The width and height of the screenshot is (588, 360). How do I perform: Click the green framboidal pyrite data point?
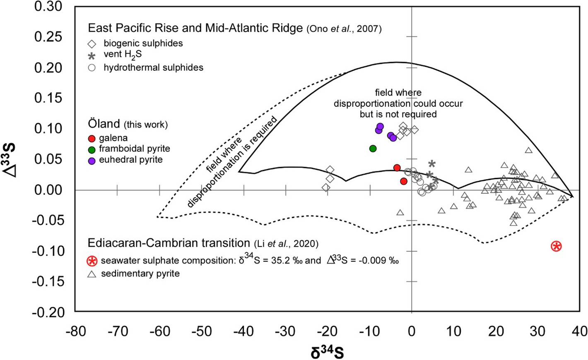[x=373, y=149]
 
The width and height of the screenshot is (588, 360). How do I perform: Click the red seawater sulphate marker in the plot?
[x=556, y=246]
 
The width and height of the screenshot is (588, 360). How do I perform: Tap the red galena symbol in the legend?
[x=92, y=139]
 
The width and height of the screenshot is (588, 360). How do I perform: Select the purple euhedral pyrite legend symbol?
[x=92, y=161]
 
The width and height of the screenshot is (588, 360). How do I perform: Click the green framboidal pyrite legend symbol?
[x=92, y=149]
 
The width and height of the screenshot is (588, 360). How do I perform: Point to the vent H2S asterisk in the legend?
[x=92, y=56]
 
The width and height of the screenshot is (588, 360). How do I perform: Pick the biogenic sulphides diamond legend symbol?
[x=92, y=44]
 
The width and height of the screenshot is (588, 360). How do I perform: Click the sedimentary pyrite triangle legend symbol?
[x=92, y=274]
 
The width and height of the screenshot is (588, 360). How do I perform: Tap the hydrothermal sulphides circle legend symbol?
[x=92, y=68]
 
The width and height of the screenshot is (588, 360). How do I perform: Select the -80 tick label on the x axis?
[x=75, y=331]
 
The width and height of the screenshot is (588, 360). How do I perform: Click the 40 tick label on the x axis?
[x=578, y=331]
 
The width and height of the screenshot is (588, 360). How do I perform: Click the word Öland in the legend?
[x=104, y=124]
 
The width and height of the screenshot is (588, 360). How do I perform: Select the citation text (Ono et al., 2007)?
[x=344, y=29]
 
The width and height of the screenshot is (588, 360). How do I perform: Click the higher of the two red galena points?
[x=397, y=168]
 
